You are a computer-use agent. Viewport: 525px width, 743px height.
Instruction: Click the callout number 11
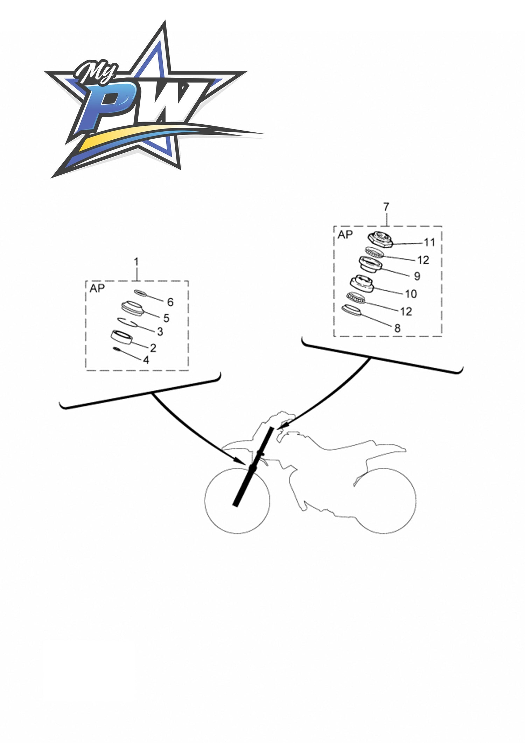pyautogui.click(x=429, y=242)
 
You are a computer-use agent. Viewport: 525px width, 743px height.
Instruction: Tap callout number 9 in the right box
pyautogui.click(x=417, y=276)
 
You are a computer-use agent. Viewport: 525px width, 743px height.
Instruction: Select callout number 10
pyautogui.click(x=411, y=294)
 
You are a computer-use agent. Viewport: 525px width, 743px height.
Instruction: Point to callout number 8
pyautogui.click(x=397, y=328)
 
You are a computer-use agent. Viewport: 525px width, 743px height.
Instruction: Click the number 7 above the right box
pyautogui.click(x=386, y=207)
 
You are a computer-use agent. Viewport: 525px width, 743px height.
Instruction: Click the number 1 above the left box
pyautogui.click(x=136, y=262)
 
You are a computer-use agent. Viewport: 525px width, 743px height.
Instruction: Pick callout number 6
pyautogui.click(x=170, y=302)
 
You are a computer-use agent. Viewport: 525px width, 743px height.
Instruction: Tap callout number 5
pyautogui.click(x=166, y=318)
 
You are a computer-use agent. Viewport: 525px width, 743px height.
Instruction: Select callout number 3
pyautogui.click(x=160, y=332)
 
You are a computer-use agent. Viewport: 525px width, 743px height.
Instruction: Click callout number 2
pyautogui.click(x=153, y=348)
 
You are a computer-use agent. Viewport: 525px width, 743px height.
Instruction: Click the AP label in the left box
pyautogui.click(x=97, y=289)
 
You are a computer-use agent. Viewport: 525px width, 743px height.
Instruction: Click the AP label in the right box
pyautogui.click(x=345, y=235)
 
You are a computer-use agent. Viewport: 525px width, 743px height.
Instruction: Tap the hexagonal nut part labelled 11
pyautogui.click(x=380, y=240)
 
